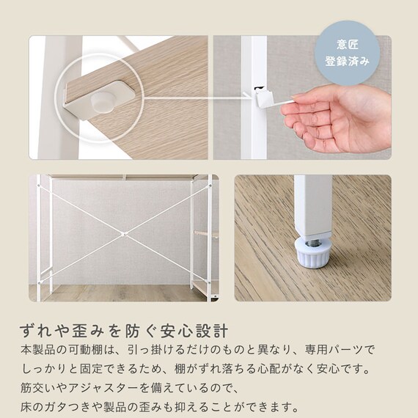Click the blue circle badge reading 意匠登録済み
(x=347, y=53)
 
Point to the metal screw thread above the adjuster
(x=312, y=243)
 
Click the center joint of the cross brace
(x=123, y=235)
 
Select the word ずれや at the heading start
(x=45, y=331)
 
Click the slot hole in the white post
(x=258, y=88)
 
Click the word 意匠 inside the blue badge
(x=347, y=45)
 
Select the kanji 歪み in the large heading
(x=85, y=331)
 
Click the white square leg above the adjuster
(x=313, y=207)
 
